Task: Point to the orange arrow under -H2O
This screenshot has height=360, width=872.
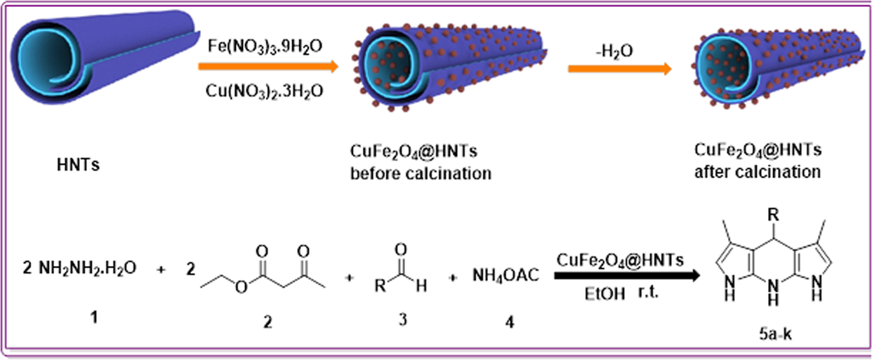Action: coord(617,69)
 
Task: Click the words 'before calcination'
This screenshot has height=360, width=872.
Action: coord(421,173)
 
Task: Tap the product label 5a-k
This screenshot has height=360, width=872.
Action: coord(771,336)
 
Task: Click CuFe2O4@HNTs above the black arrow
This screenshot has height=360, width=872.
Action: coord(618,260)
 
